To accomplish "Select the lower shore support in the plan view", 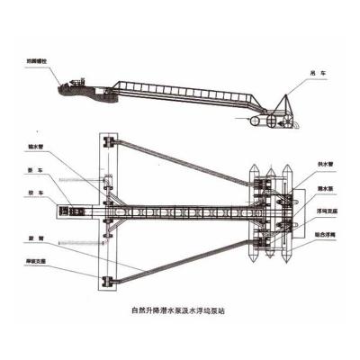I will click(109, 283).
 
